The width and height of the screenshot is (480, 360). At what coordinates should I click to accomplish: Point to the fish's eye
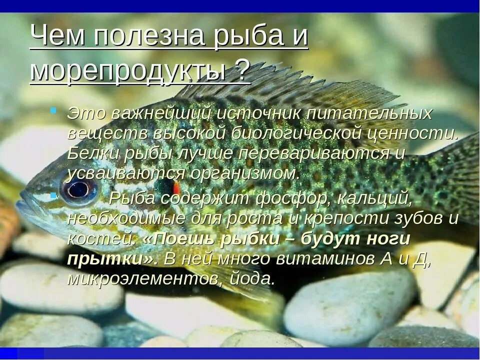[x=78, y=189]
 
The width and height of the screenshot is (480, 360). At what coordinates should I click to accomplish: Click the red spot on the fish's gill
[x=176, y=187]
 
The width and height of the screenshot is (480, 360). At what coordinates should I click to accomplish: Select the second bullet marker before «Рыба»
[x=53, y=193]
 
